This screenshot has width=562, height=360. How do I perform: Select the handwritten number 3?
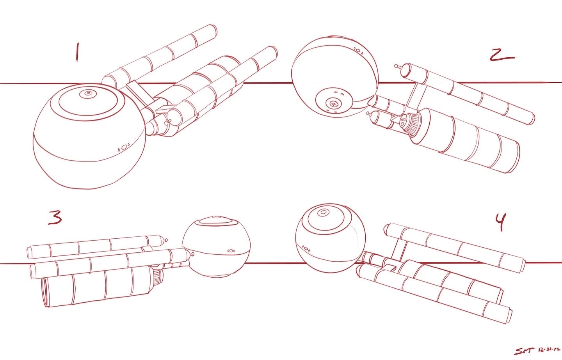coord(55,217)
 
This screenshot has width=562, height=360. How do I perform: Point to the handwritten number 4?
coord(501,222)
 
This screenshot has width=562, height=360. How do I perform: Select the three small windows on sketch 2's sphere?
coord(358,51)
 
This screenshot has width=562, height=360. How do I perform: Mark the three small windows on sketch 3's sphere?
coord(231,250)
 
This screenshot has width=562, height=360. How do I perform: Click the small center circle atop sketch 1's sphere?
coord(88,94)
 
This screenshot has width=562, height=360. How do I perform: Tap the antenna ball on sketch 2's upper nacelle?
coord(396,66)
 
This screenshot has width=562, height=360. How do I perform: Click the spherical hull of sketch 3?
coord(216,247)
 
